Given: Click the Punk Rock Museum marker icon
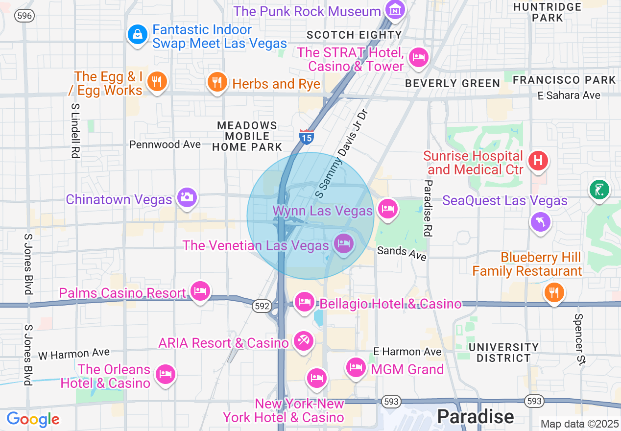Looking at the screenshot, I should pos(395,9).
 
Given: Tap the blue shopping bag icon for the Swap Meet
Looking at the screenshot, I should pos(138,34).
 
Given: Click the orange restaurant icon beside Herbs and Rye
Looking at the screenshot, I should pos(216,82).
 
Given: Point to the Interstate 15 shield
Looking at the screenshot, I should pos(307,137).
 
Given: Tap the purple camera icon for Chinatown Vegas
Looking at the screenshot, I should pos(187,197).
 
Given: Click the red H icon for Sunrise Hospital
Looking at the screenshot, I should pos(538,160).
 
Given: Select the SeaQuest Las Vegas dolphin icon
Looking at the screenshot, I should pos(541,221).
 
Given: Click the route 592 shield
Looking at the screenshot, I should pos(262,306).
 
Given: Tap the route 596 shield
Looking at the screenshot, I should pos(24,16).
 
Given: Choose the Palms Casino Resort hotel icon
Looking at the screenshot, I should pos(200,291).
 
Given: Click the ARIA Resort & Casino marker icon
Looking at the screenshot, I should pos(303,340).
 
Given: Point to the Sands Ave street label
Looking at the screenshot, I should pos(402,253).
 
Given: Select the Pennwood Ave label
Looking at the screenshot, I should pos(165,144).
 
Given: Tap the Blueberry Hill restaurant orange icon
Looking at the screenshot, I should pos(554,293).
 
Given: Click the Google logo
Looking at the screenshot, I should pos(33,419).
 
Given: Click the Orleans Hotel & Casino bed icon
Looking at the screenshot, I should pos(165,375).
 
